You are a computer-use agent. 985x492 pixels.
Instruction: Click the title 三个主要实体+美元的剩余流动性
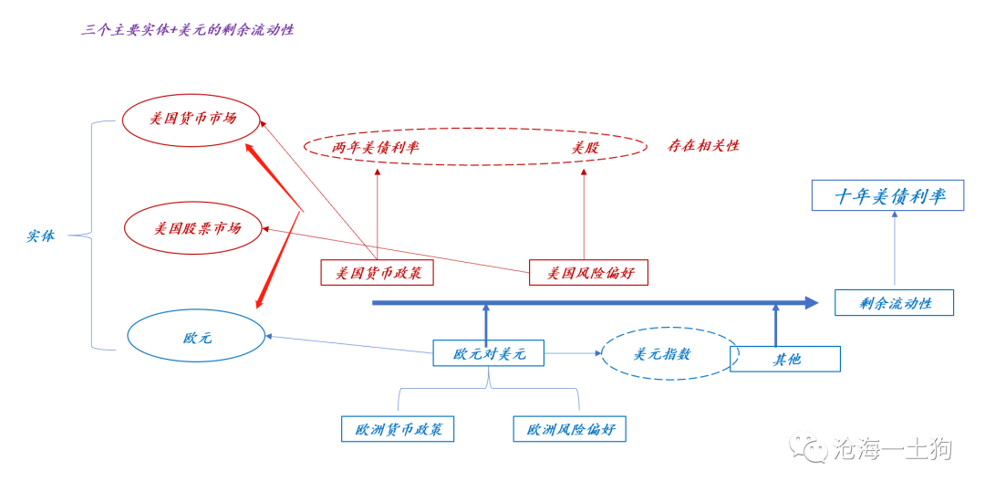tap(187, 30)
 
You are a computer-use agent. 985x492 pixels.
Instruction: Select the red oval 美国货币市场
tap(192, 119)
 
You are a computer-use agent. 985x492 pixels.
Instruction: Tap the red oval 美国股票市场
tap(192, 227)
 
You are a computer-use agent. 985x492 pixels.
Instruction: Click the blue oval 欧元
tap(196, 338)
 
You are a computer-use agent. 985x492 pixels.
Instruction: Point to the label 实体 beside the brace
tap(40, 236)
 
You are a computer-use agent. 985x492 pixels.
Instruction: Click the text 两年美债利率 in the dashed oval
tap(375, 147)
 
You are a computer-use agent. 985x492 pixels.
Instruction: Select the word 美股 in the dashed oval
tap(585, 147)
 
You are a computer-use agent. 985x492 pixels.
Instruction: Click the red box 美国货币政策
tap(377, 272)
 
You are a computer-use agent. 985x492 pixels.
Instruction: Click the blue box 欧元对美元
tap(489, 353)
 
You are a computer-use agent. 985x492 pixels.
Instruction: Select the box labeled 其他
tap(785, 359)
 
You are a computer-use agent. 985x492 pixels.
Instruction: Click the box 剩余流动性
tap(894, 303)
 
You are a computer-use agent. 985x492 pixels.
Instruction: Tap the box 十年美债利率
tap(888, 195)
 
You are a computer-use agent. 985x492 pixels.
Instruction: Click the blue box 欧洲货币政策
tap(398, 429)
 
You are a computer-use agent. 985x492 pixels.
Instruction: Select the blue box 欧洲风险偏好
tap(569, 429)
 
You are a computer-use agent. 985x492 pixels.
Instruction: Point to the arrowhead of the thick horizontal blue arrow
tap(811, 302)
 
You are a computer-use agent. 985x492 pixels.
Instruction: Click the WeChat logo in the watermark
tap(808, 447)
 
